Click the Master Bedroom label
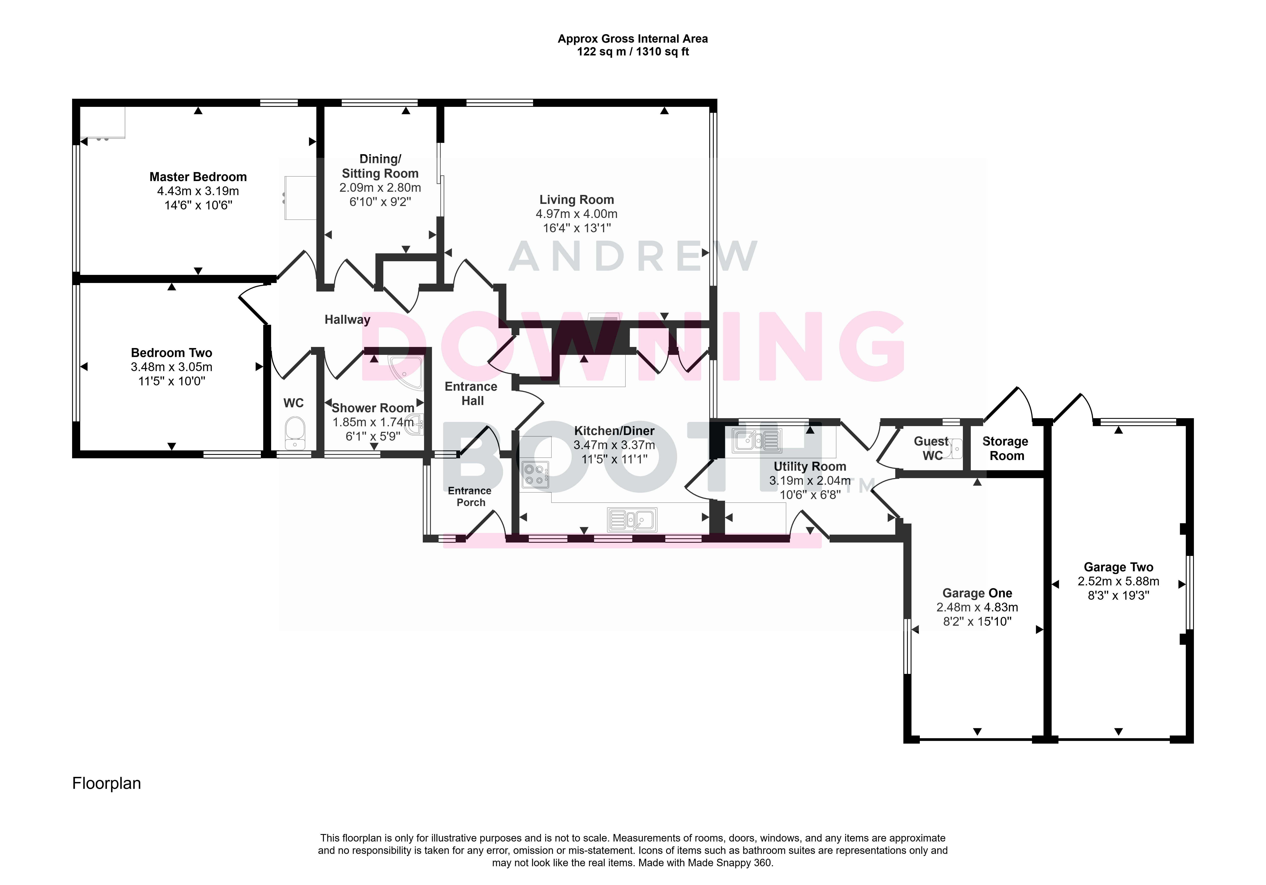(x=198, y=177)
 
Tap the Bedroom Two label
(x=172, y=353)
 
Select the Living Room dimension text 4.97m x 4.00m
(x=577, y=214)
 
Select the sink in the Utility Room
(x=757, y=440)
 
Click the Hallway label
(x=347, y=320)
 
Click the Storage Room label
(x=1006, y=448)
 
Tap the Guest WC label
(x=932, y=448)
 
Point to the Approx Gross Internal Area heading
(x=633, y=39)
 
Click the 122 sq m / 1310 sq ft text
(x=633, y=52)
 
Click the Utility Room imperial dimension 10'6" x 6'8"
(x=810, y=495)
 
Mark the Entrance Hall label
(x=471, y=394)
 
